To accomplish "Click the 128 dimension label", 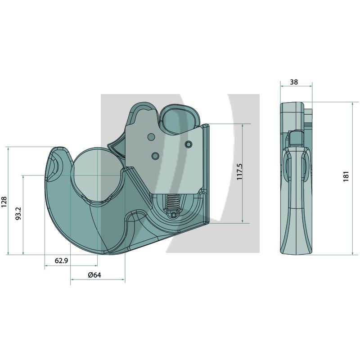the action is pos(4,202).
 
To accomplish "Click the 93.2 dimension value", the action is pos(18,213).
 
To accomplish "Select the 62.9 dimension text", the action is pos(61,261).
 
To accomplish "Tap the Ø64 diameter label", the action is pos(94,275).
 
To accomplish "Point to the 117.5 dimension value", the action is pos(239,172).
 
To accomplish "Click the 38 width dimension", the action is pos(294,82).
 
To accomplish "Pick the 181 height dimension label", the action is pos(346,176).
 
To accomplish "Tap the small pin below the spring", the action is pos(174,215).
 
